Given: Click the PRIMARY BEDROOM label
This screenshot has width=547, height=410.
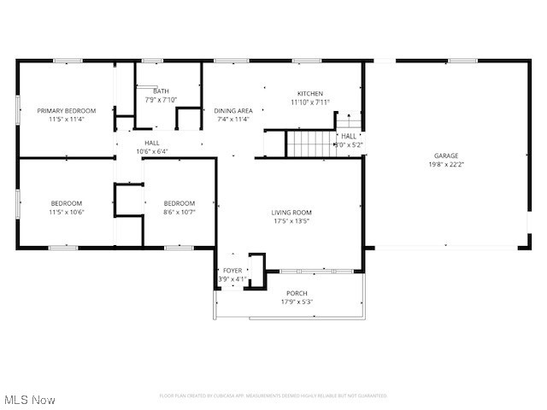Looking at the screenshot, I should tap(66, 110).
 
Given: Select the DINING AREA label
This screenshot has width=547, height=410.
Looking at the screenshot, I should tap(232, 110).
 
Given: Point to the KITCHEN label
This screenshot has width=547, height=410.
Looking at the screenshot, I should tap(309, 93).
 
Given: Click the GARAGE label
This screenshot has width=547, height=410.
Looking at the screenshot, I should tap(446, 155).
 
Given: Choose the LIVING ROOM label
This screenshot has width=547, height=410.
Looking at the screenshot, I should tap(291, 213).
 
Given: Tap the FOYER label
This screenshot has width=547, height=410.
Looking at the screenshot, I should tap(232, 270).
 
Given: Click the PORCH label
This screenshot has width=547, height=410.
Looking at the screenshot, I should tap(297, 293).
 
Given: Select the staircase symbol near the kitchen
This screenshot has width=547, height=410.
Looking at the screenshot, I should tap(309, 143).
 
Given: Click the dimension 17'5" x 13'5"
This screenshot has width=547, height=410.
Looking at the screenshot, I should tap(291, 221).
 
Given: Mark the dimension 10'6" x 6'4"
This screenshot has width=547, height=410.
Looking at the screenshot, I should tap(152, 151).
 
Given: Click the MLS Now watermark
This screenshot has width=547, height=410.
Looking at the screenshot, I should tap(29, 400).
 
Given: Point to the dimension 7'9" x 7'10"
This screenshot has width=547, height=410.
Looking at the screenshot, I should tap(161, 99).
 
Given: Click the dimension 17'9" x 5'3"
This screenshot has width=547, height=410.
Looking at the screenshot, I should tap(297, 302).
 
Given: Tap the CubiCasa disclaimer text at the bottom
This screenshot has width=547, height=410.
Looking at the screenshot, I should tap(273, 395).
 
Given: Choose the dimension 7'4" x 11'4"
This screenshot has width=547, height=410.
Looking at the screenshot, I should tap(232, 119).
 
